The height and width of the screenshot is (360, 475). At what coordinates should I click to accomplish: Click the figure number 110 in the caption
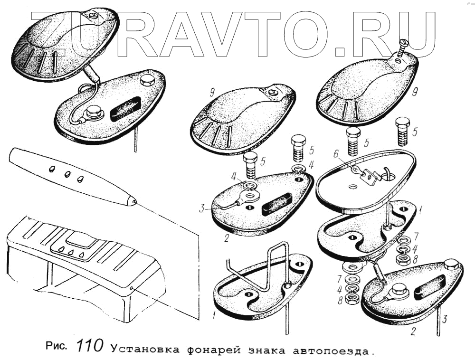coord(89,345)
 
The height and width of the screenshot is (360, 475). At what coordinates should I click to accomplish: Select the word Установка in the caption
coord(139,350)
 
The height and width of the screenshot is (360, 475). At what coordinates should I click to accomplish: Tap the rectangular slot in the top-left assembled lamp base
coord(125,108)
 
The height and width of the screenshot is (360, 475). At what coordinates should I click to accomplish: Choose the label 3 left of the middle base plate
coord(202,208)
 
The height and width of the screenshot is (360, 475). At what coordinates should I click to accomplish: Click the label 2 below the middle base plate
coord(226,237)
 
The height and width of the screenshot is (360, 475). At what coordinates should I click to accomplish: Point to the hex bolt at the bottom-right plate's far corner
coord(452,265)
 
